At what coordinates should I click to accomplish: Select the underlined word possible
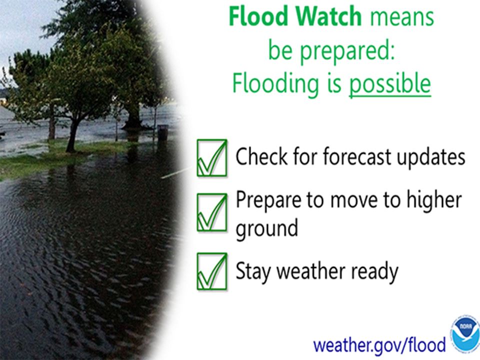pos(389,84)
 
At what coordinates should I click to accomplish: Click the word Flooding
pos(274,84)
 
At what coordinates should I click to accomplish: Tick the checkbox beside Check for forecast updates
pos(211,158)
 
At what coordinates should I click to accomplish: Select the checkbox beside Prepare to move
pos(211,212)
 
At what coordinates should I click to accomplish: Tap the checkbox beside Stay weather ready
pos(211,271)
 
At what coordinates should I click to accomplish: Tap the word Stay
pos(253,271)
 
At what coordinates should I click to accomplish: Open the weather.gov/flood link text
pos(379,344)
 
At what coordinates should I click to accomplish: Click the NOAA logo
pos(465,333)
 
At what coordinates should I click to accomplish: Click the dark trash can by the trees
pos(162,132)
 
